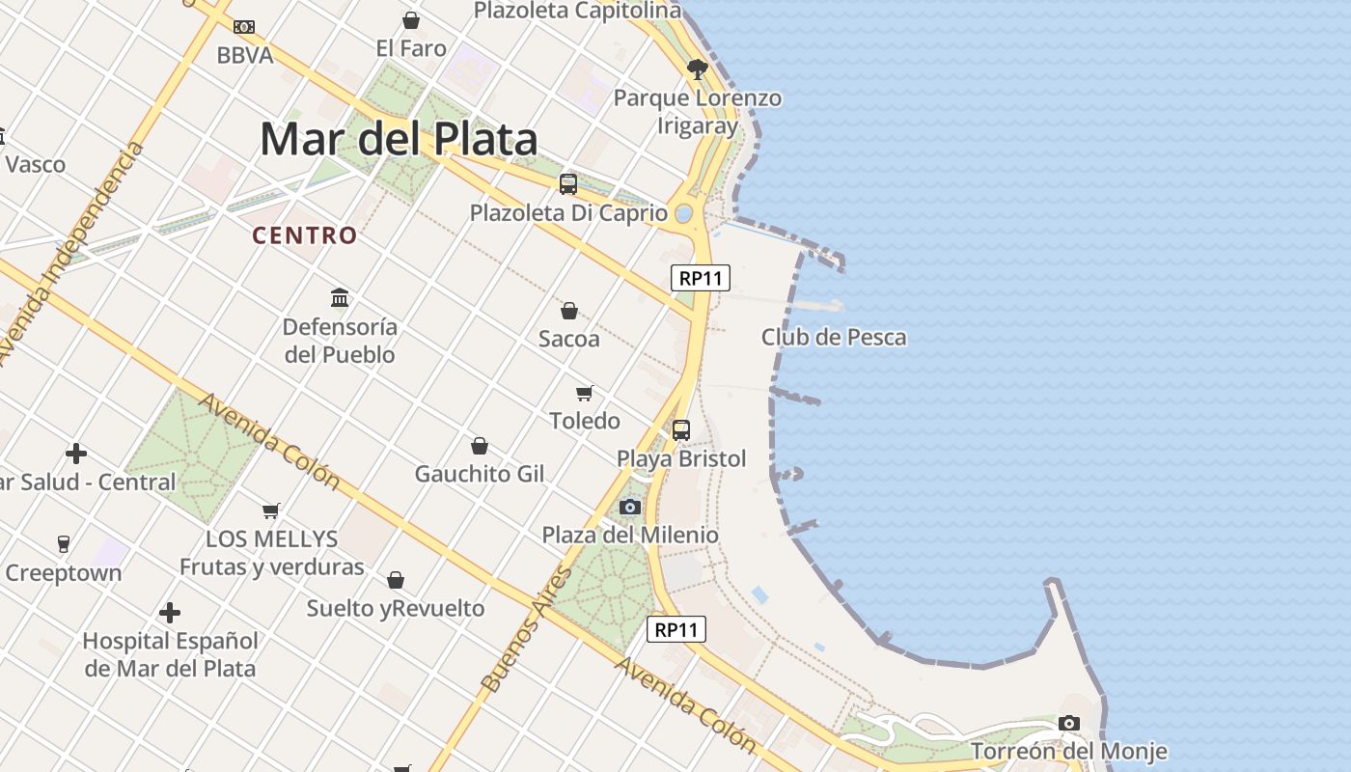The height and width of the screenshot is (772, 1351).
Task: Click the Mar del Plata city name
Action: [x=399, y=140]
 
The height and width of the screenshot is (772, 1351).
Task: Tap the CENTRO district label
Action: [x=305, y=235]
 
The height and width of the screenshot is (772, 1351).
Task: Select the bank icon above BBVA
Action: [x=244, y=27]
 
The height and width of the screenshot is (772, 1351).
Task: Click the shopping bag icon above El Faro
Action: [x=411, y=20]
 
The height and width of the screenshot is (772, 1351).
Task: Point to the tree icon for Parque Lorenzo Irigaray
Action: [x=698, y=69]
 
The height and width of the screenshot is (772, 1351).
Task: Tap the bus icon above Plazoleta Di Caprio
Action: [x=568, y=183]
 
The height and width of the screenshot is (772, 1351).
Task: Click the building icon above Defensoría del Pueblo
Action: [x=340, y=297]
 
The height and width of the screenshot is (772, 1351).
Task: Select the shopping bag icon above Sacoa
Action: [x=569, y=311]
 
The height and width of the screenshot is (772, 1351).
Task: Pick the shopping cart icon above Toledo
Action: [x=584, y=393]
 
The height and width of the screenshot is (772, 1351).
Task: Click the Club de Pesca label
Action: [x=834, y=337]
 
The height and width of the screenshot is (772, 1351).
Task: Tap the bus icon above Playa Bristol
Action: [x=681, y=430]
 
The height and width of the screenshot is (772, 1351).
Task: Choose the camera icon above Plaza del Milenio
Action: [x=630, y=507]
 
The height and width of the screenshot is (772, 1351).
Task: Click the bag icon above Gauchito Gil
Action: [x=480, y=446]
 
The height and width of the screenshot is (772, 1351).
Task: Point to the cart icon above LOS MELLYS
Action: [x=271, y=510]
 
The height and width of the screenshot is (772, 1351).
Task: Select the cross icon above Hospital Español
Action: [x=170, y=613]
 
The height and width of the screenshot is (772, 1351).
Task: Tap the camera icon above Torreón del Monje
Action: [x=1068, y=723]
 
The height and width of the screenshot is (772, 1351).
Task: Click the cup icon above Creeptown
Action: [x=64, y=543]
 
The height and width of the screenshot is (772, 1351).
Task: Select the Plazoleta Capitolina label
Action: [x=578, y=11]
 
